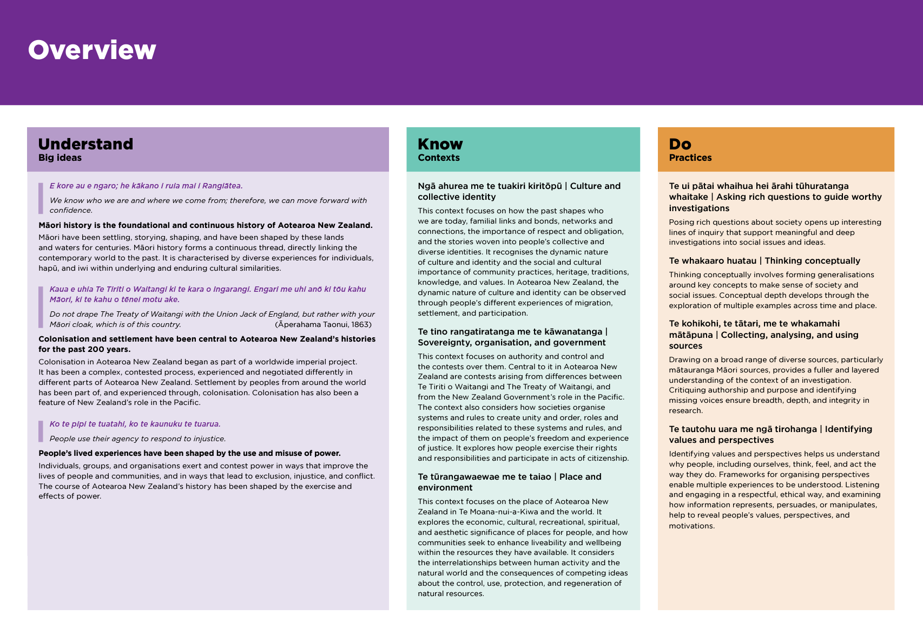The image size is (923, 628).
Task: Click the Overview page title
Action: [x=92, y=50]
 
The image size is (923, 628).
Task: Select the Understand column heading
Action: [x=85, y=144]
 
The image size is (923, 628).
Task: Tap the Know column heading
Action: [x=440, y=144]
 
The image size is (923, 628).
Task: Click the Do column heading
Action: [x=680, y=144]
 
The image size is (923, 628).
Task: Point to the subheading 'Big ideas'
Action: [x=60, y=158]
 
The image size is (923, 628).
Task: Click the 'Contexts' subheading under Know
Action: [x=439, y=158]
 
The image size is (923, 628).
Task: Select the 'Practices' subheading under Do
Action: [x=690, y=158]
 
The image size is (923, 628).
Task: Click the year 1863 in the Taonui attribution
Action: [x=362, y=325]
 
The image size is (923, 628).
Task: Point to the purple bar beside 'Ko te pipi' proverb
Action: [x=41, y=431]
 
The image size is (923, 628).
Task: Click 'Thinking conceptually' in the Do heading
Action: [x=812, y=261]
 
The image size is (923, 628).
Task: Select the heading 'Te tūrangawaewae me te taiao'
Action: [x=484, y=477]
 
